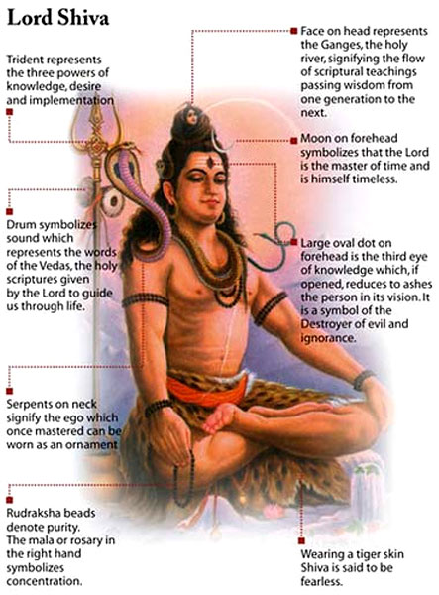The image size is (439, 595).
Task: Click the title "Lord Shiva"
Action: pos(58,18)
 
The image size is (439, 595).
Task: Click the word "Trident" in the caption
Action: pos(25,59)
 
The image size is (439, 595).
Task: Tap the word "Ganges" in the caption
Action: pos(340,46)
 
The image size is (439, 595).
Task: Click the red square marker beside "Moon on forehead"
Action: pos(293,141)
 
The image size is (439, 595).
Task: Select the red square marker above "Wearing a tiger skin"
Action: pos(301,540)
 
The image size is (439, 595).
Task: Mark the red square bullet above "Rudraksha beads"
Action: pos(10,500)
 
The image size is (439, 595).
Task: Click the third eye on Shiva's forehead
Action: pos(210,163)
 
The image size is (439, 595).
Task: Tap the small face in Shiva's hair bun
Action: pos(192,116)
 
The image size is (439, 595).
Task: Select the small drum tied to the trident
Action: pos(113,201)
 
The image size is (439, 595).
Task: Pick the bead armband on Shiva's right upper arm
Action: pos(146,299)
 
